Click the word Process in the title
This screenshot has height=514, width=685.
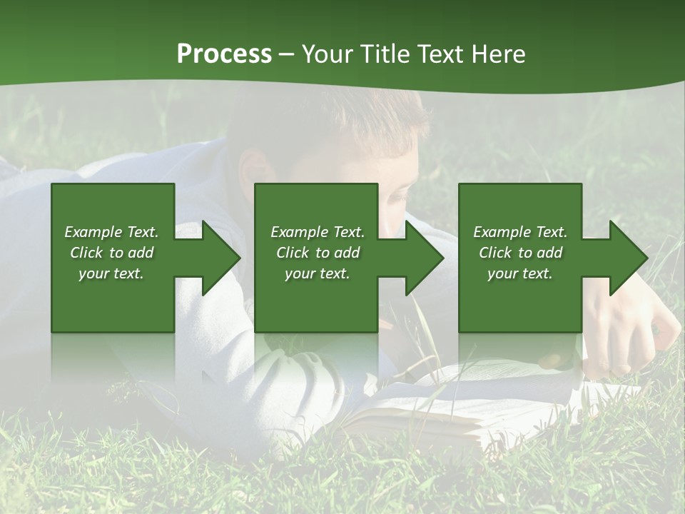pyautogui.click(x=224, y=54)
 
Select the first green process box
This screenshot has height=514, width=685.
pyautogui.click(x=113, y=307)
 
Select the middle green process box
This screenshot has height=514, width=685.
pyautogui.click(x=316, y=307)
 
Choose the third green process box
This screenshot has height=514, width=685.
pyautogui.click(x=520, y=307)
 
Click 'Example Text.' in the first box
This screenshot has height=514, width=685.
pyautogui.click(x=111, y=232)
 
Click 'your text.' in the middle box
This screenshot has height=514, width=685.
pyautogui.click(x=317, y=273)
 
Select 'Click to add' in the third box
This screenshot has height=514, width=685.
pyautogui.click(x=520, y=253)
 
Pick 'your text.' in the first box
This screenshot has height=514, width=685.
pyautogui.click(x=111, y=273)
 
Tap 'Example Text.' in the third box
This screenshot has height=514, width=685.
pyautogui.click(x=520, y=232)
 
